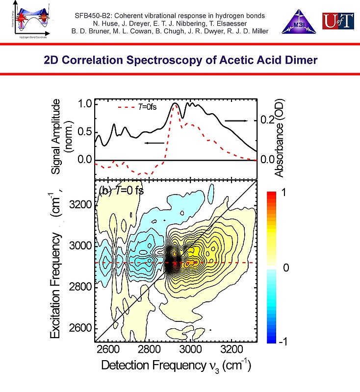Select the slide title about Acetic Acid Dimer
180,60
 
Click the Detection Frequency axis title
176,366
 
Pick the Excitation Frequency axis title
57,265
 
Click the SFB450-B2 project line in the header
170,16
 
